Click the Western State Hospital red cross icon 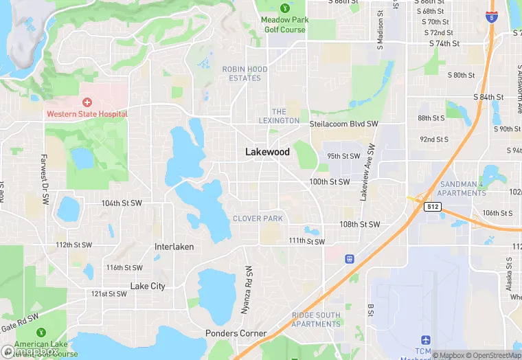pyautogui.click(x=87, y=102)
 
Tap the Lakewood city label pyautogui.click(x=267, y=152)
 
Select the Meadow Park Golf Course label pyautogui.click(x=284, y=25)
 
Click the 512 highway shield pyautogui.click(x=431, y=207)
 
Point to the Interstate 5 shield pyautogui.click(x=490, y=16)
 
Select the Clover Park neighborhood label pyautogui.click(x=258, y=218)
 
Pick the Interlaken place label pyautogui.click(x=174, y=247)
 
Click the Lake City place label pyautogui.click(x=148, y=286)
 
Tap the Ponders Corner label pyautogui.click(x=236, y=333)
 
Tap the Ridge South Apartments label pyautogui.click(x=316, y=319)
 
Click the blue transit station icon pyautogui.click(x=350, y=259)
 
